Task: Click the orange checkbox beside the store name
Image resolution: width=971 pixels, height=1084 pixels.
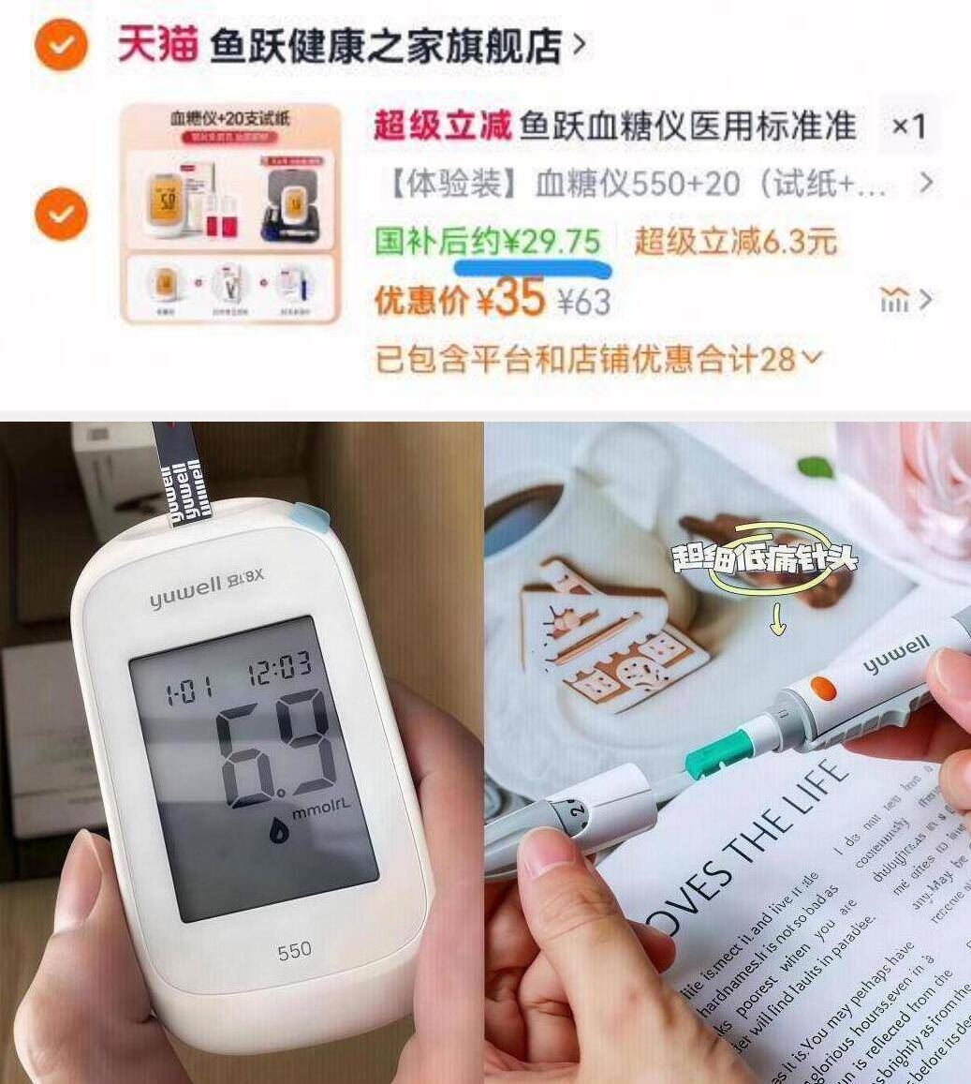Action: tap(62, 44)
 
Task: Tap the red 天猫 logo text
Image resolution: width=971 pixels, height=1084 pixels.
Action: tap(157, 44)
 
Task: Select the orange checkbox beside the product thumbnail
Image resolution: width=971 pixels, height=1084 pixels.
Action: tap(62, 214)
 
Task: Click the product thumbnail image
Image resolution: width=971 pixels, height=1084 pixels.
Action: tap(230, 214)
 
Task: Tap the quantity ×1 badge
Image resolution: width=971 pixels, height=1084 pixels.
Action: tap(907, 126)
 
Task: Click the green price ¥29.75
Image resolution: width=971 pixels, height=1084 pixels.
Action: tap(552, 242)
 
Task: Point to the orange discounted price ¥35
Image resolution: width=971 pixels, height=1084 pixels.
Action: tap(510, 300)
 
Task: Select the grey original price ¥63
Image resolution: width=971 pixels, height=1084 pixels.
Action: tap(584, 303)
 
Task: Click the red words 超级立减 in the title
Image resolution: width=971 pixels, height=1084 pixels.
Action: tap(442, 126)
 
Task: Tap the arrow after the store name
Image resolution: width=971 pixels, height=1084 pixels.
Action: tap(580, 44)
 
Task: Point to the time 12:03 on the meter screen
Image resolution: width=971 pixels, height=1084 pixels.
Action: tap(279, 668)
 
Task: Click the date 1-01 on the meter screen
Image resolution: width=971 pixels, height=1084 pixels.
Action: tap(188, 694)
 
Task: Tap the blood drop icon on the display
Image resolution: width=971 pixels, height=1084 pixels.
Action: tap(279, 831)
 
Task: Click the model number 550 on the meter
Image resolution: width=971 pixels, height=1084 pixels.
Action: tap(294, 953)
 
